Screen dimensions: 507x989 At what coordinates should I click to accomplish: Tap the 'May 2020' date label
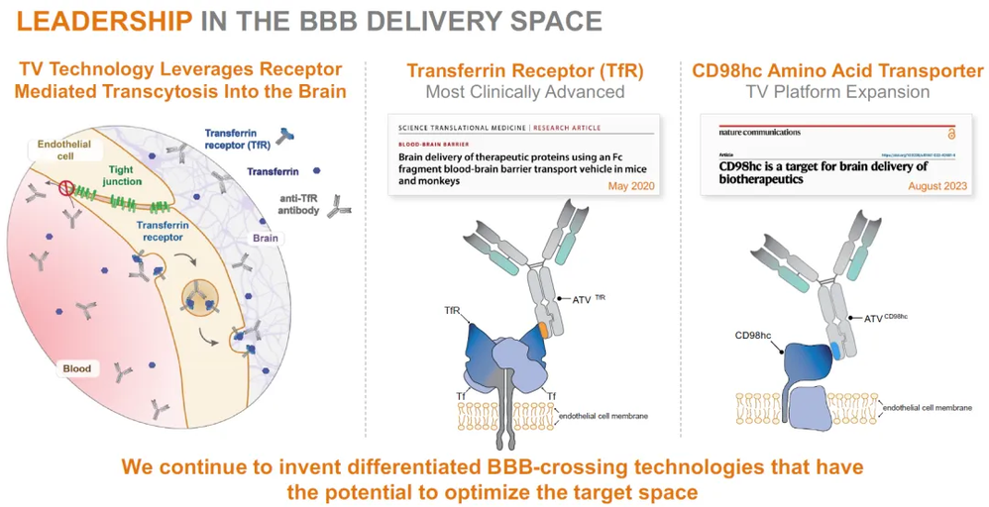tap(630, 186)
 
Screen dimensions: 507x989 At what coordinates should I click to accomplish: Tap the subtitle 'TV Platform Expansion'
tap(837, 92)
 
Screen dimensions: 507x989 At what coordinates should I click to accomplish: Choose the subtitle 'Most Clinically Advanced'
tap(524, 92)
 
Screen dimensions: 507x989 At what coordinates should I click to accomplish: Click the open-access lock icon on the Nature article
tap(951, 132)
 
